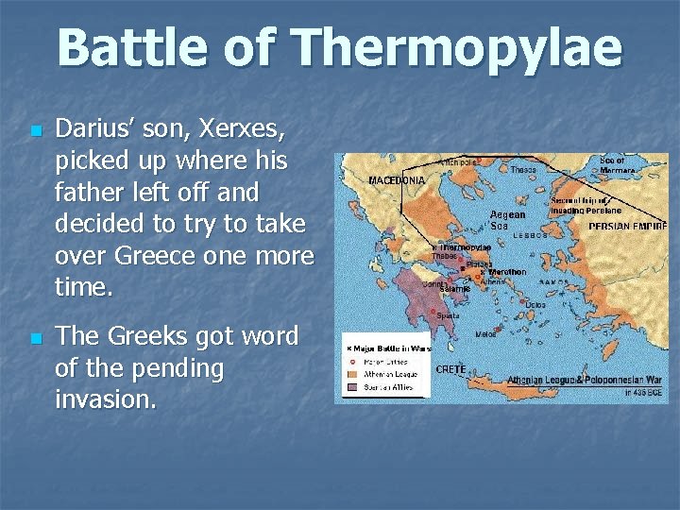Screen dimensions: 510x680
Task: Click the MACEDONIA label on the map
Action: coord(396,178)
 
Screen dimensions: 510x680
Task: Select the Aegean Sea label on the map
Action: coord(508,220)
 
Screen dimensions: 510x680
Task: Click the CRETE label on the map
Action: coord(450,369)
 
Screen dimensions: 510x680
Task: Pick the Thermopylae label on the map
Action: coord(465,246)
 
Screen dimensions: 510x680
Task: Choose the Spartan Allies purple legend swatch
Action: coord(350,385)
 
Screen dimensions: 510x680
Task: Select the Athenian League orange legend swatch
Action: coord(350,372)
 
